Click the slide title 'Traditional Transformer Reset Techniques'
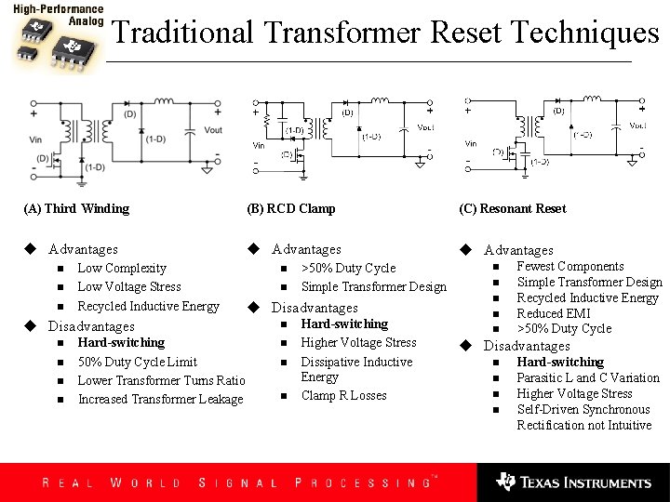click(x=385, y=33)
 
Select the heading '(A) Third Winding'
click(x=76, y=208)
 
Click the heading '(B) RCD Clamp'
click(x=291, y=208)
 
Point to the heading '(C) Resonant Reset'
click(x=512, y=208)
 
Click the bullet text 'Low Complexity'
click(x=122, y=268)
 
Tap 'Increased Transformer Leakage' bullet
click(x=160, y=399)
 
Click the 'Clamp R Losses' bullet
click(x=343, y=395)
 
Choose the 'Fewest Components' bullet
click(x=570, y=266)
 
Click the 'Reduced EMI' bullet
click(x=554, y=313)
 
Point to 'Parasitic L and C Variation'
click(x=588, y=377)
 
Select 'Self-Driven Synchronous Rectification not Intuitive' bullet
click(x=584, y=417)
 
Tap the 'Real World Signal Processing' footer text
click(x=237, y=482)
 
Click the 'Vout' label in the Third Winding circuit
click(x=213, y=130)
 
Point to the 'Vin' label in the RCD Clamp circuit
click(x=260, y=145)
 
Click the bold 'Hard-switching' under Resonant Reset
click(x=560, y=362)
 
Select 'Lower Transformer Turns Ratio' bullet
click(x=161, y=380)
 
